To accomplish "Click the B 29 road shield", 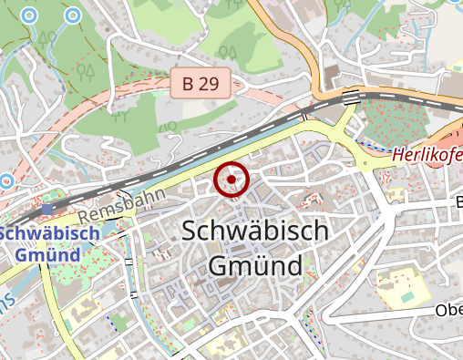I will click(x=201, y=84).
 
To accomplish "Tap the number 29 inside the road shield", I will click(x=209, y=84).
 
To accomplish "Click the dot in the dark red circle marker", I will click(x=232, y=180).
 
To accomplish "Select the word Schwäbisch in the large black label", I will click(x=255, y=231).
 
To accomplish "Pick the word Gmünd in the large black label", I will click(x=254, y=267).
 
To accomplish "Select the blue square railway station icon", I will click(x=47, y=210).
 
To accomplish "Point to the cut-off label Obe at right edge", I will click(x=448, y=311).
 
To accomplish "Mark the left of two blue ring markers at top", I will click(x=30, y=15).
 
